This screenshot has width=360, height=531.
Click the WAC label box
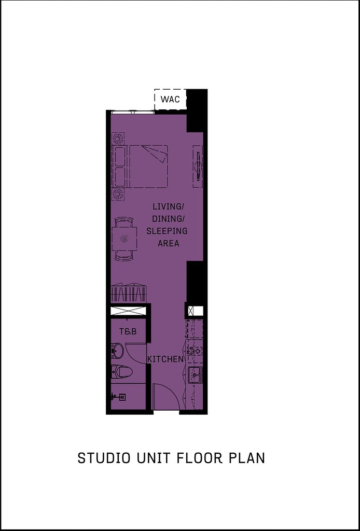click(x=170, y=99)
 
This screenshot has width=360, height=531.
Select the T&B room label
click(x=128, y=331)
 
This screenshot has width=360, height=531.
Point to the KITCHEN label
click(x=165, y=359)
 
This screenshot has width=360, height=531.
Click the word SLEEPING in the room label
click(x=167, y=231)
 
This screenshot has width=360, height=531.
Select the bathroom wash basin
click(x=118, y=352)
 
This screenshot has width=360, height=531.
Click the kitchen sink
click(x=195, y=372)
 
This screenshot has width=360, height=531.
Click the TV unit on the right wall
click(x=198, y=166)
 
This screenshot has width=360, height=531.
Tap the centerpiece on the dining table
click(x=124, y=239)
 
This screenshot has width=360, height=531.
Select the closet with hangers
click(x=129, y=293)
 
